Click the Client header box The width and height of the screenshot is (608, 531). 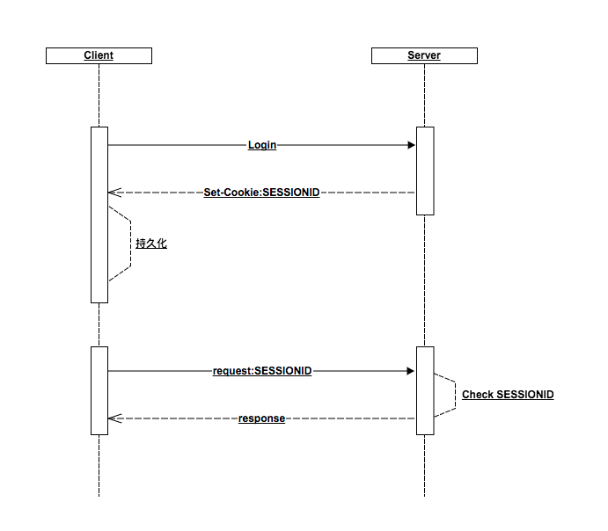(x=99, y=55)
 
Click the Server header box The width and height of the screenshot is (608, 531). (x=424, y=55)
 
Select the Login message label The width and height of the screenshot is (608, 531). (x=262, y=145)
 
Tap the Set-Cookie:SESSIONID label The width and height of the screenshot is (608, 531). (x=261, y=192)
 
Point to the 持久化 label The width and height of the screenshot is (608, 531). (x=151, y=244)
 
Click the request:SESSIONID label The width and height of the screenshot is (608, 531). (x=262, y=371)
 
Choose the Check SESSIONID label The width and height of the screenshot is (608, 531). (x=508, y=395)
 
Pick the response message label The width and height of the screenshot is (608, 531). (x=261, y=418)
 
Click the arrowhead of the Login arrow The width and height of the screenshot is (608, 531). (x=411, y=145)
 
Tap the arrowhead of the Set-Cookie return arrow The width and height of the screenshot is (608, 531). (x=112, y=192)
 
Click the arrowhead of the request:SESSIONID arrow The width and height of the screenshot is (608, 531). (x=411, y=371)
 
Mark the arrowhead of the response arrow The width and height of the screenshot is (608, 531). (x=112, y=418)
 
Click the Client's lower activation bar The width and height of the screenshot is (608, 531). (x=99, y=390)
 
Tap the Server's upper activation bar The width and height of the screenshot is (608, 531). (x=425, y=171)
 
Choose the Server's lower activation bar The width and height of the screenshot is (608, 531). (x=425, y=390)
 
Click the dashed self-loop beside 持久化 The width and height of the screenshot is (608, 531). (x=130, y=244)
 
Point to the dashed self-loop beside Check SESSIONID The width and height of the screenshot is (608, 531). (x=455, y=395)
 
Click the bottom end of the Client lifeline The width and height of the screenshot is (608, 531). (x=99, y=494)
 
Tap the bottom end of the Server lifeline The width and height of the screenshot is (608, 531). (x=425, y=494)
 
